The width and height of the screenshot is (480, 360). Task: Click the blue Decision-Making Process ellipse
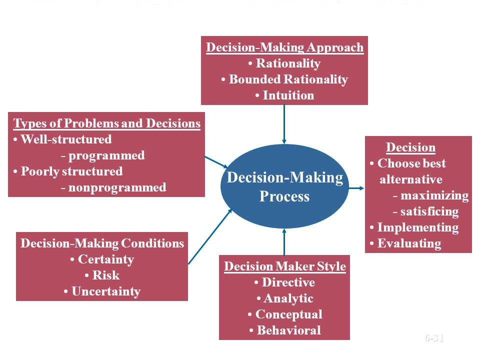[284, 186]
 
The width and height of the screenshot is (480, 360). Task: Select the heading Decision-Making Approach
[284, 47]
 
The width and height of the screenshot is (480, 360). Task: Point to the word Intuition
[288, 95]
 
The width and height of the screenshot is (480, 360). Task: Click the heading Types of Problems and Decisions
[107, 123]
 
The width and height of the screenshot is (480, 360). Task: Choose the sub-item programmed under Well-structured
[106, 155]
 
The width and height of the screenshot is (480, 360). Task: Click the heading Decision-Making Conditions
[102, 243]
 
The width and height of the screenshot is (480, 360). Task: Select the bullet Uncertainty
[105, 291]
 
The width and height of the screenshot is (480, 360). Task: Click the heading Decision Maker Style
[284, 266]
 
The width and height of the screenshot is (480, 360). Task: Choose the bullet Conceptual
[288, 314]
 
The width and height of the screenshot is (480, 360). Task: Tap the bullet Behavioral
[288, 330]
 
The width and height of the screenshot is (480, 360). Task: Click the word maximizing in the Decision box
[434, 195]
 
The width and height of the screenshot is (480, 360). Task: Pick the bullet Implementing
[417, 227]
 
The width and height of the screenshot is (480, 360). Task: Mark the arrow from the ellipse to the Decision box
[356, 188]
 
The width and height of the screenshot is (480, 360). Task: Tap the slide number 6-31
[434, 338]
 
